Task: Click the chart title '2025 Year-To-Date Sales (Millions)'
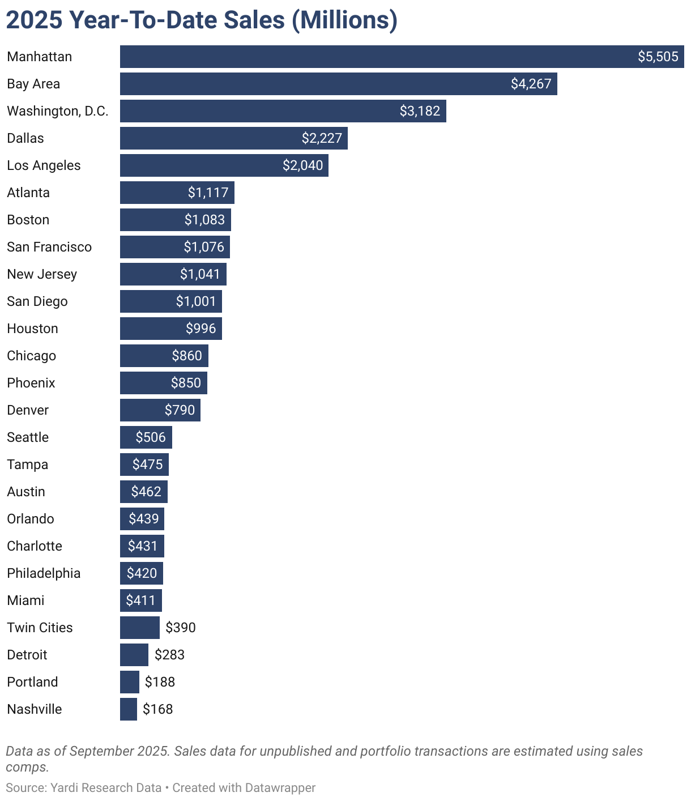point(202,20)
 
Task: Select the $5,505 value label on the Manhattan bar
point(658,57)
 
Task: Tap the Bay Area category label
point(33,84)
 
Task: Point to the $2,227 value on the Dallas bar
point(322,138)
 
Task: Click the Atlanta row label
point(28,193)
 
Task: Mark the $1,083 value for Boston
point(204,220)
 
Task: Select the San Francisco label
point(49,247)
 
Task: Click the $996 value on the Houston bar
point(201,329)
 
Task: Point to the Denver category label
point(28,410)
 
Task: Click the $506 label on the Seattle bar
point(151,437)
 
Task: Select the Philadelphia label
point(44,573)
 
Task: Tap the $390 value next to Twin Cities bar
point(181,628)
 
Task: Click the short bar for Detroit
point(134,655)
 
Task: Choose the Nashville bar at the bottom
point(129,709)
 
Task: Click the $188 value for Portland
point(160,682)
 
